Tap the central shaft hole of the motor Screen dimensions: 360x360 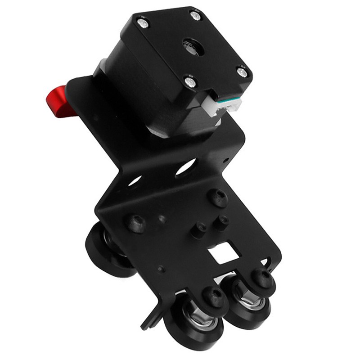coord(193,46)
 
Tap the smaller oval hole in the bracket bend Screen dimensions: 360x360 coord(135,181)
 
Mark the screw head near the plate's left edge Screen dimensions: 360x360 coord(135,223)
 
